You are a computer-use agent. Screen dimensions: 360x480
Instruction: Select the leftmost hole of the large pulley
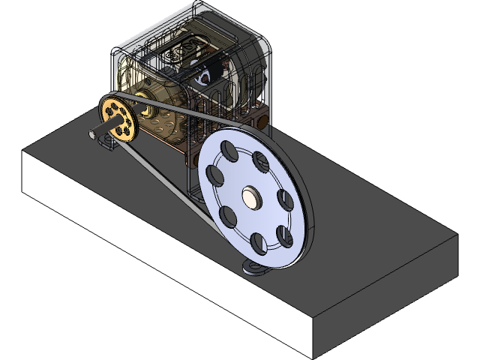click(x=214, y=176)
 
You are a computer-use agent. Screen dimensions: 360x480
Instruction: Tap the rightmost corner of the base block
click(x=456, y=236)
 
